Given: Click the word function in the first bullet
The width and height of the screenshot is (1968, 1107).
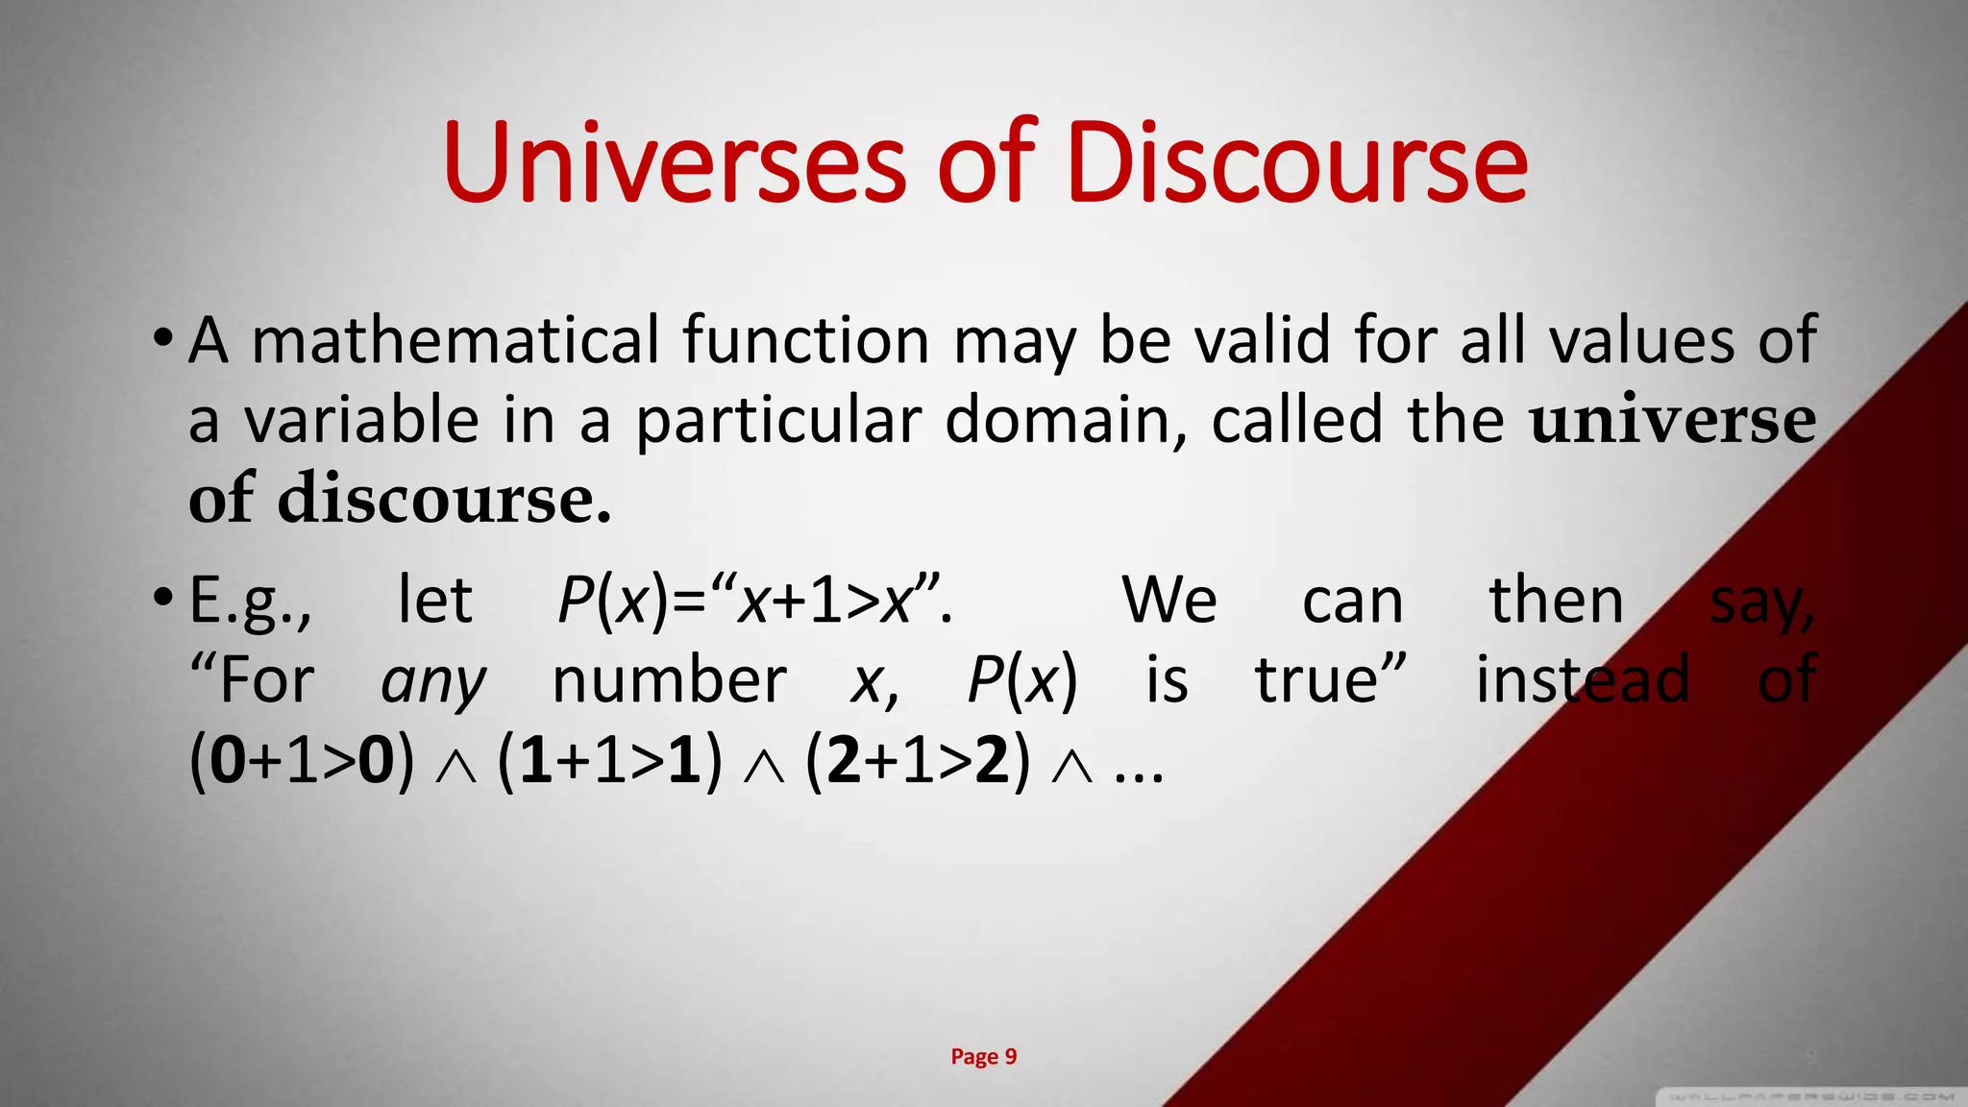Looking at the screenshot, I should [805, 340].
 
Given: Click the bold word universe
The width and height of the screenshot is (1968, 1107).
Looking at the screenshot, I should [1672, 420].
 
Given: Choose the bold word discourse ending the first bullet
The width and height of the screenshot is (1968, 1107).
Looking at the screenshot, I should [444, 499].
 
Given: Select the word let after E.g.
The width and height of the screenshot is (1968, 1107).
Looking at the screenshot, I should [434, 601].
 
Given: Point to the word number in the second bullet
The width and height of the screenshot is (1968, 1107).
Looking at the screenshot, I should [669, 680].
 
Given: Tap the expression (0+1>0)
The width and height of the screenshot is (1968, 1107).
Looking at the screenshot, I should [302, 760].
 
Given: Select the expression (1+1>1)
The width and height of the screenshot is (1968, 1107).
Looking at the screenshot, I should [609, 760].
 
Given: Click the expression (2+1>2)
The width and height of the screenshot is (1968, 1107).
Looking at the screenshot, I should [918, 760].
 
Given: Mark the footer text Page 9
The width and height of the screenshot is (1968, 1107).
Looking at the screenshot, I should [983, 1057].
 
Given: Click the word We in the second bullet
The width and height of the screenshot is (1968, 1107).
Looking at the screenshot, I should [1169, 601].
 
